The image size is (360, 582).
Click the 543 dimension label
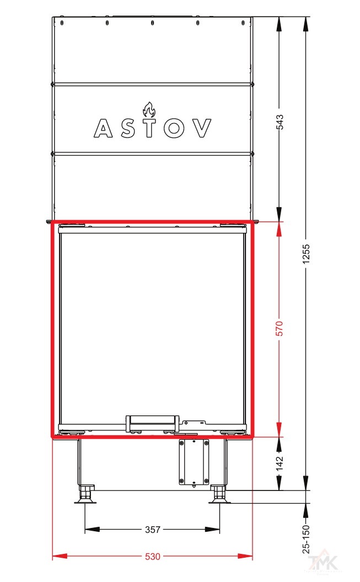[x=280, y=122]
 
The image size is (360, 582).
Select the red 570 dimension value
[x=280, y=329]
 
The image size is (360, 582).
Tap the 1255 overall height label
[x=306, y=254]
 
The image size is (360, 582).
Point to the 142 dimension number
[x=280, y=463]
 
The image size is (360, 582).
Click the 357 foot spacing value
[x=153, y=530]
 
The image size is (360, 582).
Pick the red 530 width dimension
[x=153, y=557]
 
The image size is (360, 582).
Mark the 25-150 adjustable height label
[x=306, y=540]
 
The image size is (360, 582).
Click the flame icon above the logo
[x=149, y=110]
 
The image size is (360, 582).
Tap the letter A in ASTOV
[x=103, y=128]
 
